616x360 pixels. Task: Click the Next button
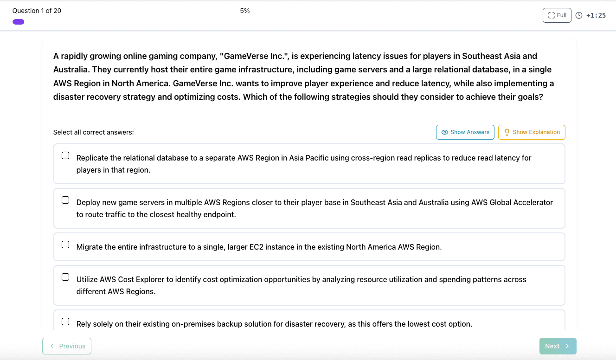pos(558,346)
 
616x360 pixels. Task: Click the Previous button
pos(67,346)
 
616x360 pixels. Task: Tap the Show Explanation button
pos(532,132)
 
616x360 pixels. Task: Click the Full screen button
pos(557,15)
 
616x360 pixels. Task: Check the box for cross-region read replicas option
pos(65,155)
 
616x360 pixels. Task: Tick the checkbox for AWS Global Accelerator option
pos(65,200)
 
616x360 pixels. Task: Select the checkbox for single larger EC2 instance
pos(65,244)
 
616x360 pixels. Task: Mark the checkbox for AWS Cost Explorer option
pos(65,277)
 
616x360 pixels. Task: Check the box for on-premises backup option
pos(65,321)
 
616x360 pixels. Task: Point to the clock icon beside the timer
pos(579,15)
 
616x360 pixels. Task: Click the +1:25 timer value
pos(596,15)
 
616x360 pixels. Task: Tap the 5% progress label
pos(245,11)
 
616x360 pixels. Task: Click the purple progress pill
pos(19,22)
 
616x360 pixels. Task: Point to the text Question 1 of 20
pos(37,11)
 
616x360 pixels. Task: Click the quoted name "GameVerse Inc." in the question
pos(254,56)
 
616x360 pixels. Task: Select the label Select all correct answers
pos(93,132)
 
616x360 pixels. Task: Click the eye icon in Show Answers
pos(445,132)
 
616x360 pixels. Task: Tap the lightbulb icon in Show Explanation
pos(507,132)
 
